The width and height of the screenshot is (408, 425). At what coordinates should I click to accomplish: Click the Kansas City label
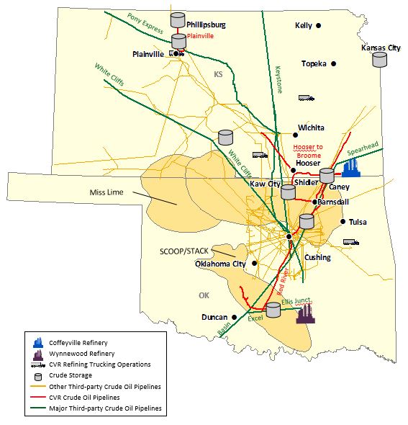pyautogui.click(x=380, y=48)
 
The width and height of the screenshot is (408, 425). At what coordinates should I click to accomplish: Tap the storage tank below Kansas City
pyautogui.click(x=379, y=60)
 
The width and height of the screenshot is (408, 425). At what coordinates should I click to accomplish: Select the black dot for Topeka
pyautogui.click(x=334, y=63)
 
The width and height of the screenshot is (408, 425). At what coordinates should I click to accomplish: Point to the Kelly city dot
pyautogui.click(x=318, y=26)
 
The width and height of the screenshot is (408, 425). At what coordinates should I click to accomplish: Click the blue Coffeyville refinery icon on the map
pyautogui.click(x=350, y=168)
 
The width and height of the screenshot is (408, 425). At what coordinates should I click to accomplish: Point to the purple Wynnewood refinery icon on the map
pyautogui.click(x=305, y=312)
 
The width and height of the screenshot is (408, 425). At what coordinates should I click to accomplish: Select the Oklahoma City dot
pyautogui.click(x=253, y=264)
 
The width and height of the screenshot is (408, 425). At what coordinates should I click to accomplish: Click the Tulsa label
pyautogui.click(x=358, y=222)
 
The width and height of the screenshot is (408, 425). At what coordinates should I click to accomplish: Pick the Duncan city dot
pyautogui.click(x=233, y=317)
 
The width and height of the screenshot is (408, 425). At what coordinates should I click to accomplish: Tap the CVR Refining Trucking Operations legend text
pyautogui.click(x=100, y=364)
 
